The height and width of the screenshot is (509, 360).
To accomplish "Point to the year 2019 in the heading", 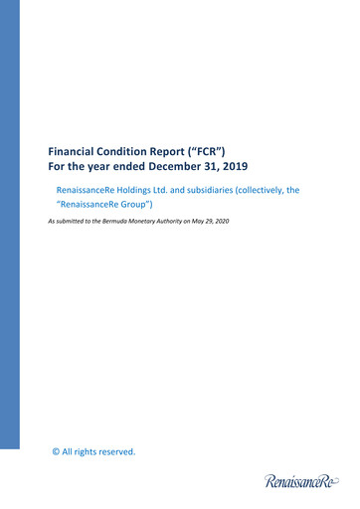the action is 232,165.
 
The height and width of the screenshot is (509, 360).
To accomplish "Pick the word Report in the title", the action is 193,148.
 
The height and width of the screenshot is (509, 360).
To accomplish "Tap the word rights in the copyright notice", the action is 86,452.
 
